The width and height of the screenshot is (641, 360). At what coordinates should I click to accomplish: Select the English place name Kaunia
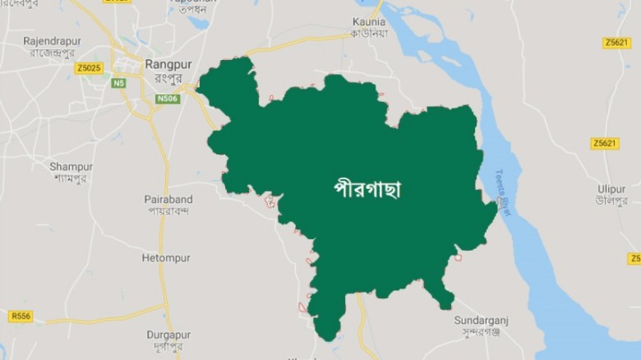click(369, 21)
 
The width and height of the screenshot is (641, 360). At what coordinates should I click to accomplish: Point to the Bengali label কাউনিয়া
click(369, 34)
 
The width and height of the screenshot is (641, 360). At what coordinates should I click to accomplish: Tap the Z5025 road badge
click(89, 68)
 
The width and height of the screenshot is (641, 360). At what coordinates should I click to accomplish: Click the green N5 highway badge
click(120, 82)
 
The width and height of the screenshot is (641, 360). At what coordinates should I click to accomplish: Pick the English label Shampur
click(71, 166)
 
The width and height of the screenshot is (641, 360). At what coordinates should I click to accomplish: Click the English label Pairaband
click(168, 199)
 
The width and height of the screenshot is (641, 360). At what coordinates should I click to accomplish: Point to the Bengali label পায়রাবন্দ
click(168, 211)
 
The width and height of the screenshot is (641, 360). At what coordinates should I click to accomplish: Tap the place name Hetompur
click(165, 257)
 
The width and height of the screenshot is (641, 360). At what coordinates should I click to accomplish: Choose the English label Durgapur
click(168, 335)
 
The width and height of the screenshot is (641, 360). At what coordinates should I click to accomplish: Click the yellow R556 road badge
click(21, 316)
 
